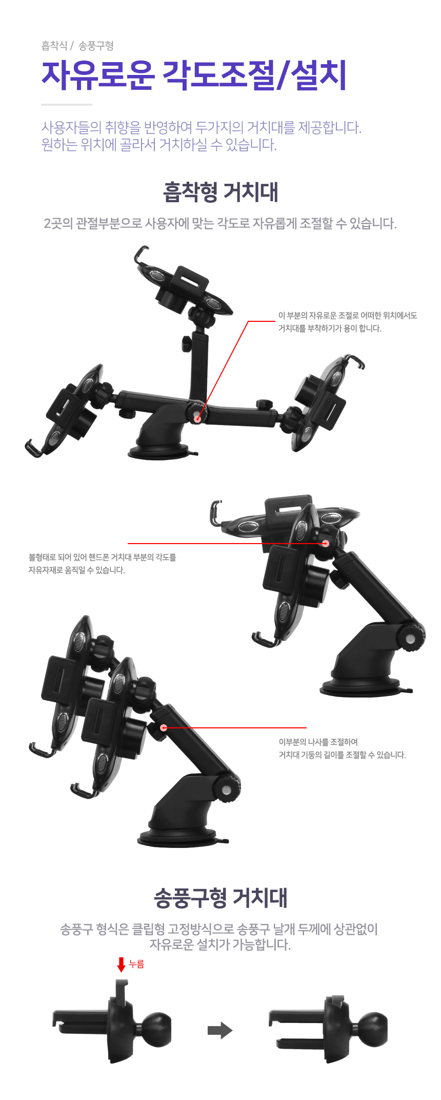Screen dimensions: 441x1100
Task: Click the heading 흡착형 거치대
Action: coord(221,192)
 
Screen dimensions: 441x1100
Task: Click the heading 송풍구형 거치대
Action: coord(221,897)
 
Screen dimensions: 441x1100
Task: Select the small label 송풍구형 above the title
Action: coord(96,46)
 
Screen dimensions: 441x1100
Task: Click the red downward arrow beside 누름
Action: coord(122,964)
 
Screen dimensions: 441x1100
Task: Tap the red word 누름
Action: coord(136,964)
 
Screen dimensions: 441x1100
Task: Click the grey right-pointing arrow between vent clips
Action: coord(220,1030)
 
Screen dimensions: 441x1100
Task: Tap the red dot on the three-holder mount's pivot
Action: coord(198,418)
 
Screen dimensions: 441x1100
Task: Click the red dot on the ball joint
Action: coord(325,543)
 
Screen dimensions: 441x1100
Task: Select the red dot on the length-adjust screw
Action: coord(164,727)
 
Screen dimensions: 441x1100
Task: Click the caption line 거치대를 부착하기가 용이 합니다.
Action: coord(330,329)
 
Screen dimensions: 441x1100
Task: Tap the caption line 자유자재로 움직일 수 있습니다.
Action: coord(76,570)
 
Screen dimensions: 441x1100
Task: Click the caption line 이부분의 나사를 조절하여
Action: coord(318,742)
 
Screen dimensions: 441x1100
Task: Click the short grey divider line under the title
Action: coord(67,105)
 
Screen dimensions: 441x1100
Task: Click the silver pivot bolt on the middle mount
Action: coord(410,639)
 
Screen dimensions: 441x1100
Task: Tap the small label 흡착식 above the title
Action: coord(54,46)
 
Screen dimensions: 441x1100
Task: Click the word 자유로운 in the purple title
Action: coord(98,75)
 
